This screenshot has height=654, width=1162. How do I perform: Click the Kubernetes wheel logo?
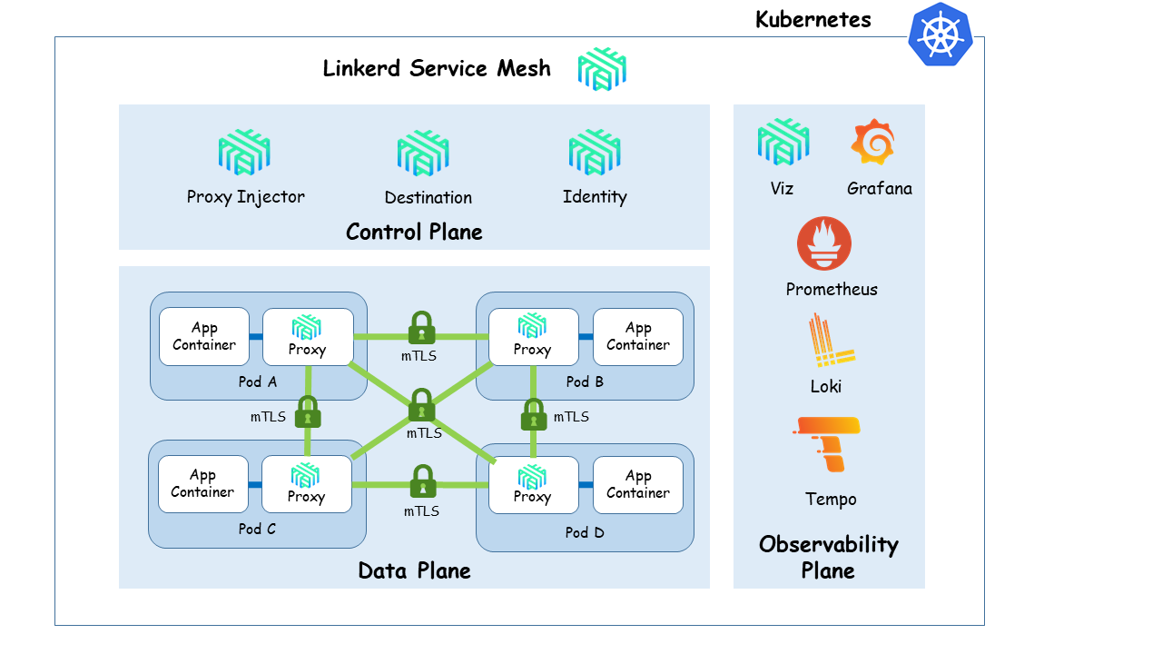pos(940,35)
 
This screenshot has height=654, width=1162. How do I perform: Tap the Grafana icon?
pos(873,142)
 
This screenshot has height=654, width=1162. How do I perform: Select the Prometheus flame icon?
pos(824,243)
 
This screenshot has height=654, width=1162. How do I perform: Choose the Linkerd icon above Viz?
pos(783,143)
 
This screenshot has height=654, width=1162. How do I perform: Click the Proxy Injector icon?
pos(244,153)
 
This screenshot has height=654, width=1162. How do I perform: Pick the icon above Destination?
pos(423,153)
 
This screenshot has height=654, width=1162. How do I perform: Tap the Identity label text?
pos(595,197)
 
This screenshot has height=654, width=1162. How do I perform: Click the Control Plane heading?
pos(414,232)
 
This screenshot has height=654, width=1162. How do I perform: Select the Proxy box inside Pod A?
pos(308,337)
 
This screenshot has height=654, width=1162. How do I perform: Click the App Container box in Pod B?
pos(637,337)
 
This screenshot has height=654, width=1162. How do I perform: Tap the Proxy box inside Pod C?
pos(307,484)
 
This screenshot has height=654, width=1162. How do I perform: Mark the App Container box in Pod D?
pos(637,484)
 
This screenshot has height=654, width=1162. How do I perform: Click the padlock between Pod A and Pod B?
pos(420,328)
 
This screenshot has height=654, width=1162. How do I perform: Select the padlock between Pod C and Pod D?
pos(422,481)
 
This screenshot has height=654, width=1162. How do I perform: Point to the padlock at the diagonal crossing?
pos(421,405)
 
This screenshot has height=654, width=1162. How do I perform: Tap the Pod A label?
pos(257,381)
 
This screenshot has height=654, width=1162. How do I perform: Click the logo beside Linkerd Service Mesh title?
pos(603,69)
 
